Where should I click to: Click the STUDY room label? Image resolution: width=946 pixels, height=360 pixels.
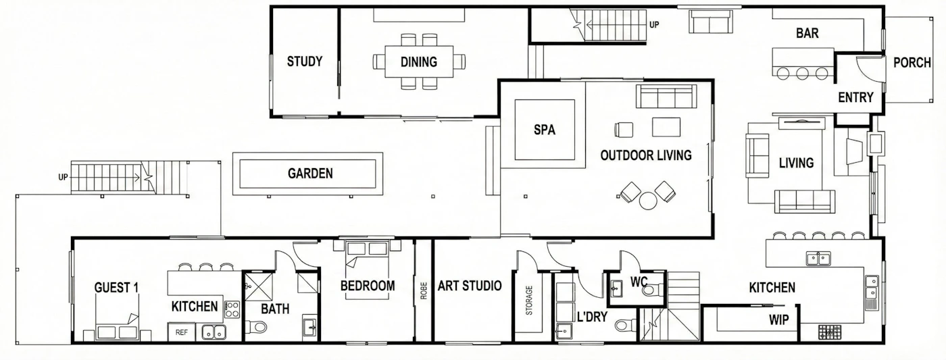(x=305, y=61)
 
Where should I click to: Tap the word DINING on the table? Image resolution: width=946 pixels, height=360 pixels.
(x=418, y=62)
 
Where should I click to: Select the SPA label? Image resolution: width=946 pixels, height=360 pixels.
(x=545, y=130)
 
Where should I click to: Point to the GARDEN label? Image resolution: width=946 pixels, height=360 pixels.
(x=310, y=174)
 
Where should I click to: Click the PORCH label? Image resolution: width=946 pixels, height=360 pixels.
(x=912, y=63)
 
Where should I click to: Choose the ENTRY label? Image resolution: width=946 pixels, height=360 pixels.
(x=855, y=97)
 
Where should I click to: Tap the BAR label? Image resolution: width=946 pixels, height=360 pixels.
(x=807, y=33)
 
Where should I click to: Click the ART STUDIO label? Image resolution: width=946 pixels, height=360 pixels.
(x=469, y=286)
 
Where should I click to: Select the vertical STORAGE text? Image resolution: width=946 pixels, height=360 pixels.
(x=529, y=301)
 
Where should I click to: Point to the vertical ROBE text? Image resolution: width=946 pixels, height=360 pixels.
(x=424, y=291)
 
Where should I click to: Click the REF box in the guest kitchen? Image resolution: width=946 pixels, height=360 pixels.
(x=182, y=332)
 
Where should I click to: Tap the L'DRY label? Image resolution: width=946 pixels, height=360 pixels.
(x=592, y=317)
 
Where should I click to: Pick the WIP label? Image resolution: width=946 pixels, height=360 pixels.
(x=778, y=320)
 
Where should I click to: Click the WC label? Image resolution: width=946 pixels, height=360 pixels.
(x=639, y=282)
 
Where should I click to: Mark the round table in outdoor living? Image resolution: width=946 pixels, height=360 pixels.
(x=647, y=201)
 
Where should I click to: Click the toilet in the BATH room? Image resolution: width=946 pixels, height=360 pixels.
(x=256, y=327)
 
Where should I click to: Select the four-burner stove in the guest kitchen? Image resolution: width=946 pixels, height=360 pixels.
(x=232, y=309)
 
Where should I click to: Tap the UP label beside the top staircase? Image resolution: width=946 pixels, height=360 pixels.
(x=654, y=25)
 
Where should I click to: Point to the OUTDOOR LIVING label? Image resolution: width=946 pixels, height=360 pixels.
(x=646, y=155)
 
